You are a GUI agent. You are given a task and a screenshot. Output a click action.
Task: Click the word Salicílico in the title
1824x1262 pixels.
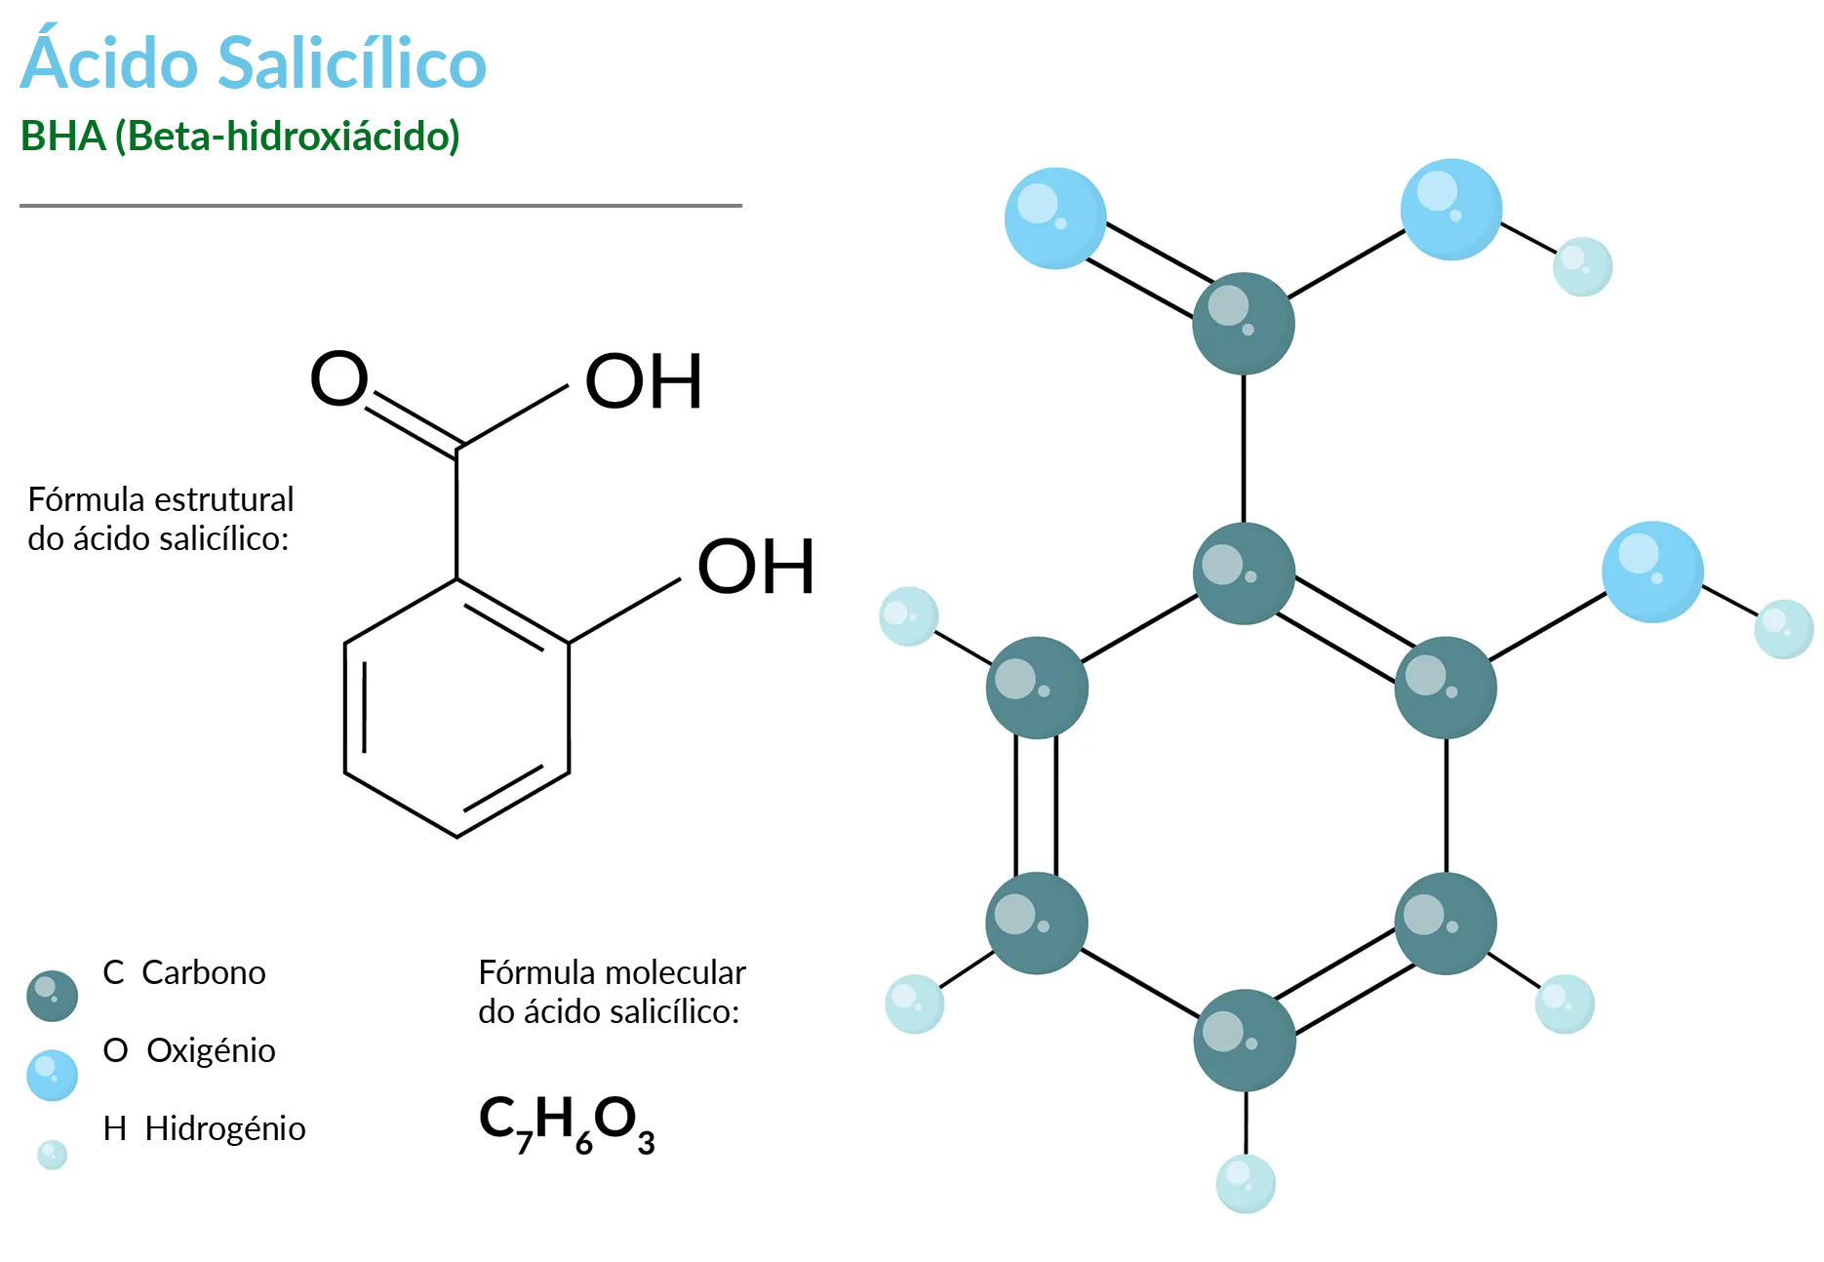[x=351, y=63]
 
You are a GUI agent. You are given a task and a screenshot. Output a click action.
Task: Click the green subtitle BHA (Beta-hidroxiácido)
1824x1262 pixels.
[x=240, y=137]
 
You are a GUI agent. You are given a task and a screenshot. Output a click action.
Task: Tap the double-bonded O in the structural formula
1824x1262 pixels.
[x=338, y=378]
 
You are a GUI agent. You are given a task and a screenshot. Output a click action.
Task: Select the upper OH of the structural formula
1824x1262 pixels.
[x=644, y=381]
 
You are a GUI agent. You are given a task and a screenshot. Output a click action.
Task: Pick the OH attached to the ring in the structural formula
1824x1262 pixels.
[x=756, y=567]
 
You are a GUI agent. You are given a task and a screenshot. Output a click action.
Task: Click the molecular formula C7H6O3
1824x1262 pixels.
[x=567, y=1124]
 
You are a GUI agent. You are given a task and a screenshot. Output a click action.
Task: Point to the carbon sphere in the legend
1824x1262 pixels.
[x=53, y=996]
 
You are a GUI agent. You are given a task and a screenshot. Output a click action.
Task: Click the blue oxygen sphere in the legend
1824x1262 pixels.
[x=53, y=1075]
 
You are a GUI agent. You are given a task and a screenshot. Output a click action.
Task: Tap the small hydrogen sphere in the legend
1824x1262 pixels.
[x=52, y=1155]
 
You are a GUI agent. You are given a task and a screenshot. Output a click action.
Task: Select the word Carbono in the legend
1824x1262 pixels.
[x=203, y=972]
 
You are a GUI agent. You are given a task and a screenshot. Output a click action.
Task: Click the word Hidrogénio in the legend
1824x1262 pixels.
[x=225, y=1128]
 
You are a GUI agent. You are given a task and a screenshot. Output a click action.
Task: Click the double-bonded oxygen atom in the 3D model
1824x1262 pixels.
[x=1055, y=218]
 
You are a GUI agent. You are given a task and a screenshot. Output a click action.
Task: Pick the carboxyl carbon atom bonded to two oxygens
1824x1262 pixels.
[x=1244, y=324]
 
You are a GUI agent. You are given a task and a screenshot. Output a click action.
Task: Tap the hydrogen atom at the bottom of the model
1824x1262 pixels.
[x=1246, y=1184]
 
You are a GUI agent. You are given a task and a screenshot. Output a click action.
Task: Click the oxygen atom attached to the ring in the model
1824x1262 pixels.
[x=1652, y=572]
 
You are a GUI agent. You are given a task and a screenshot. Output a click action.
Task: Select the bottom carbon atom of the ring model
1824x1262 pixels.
[x=1245, y=1041]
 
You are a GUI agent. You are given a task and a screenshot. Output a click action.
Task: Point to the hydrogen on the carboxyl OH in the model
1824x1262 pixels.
[x=1582, y=266]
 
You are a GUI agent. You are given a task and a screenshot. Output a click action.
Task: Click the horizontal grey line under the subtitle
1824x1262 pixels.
[x=380, y=206]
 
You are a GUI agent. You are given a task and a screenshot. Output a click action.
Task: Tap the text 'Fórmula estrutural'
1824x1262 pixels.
[x=161, y=499]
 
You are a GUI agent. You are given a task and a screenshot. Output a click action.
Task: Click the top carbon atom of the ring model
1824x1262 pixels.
[x=1245, y=573]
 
